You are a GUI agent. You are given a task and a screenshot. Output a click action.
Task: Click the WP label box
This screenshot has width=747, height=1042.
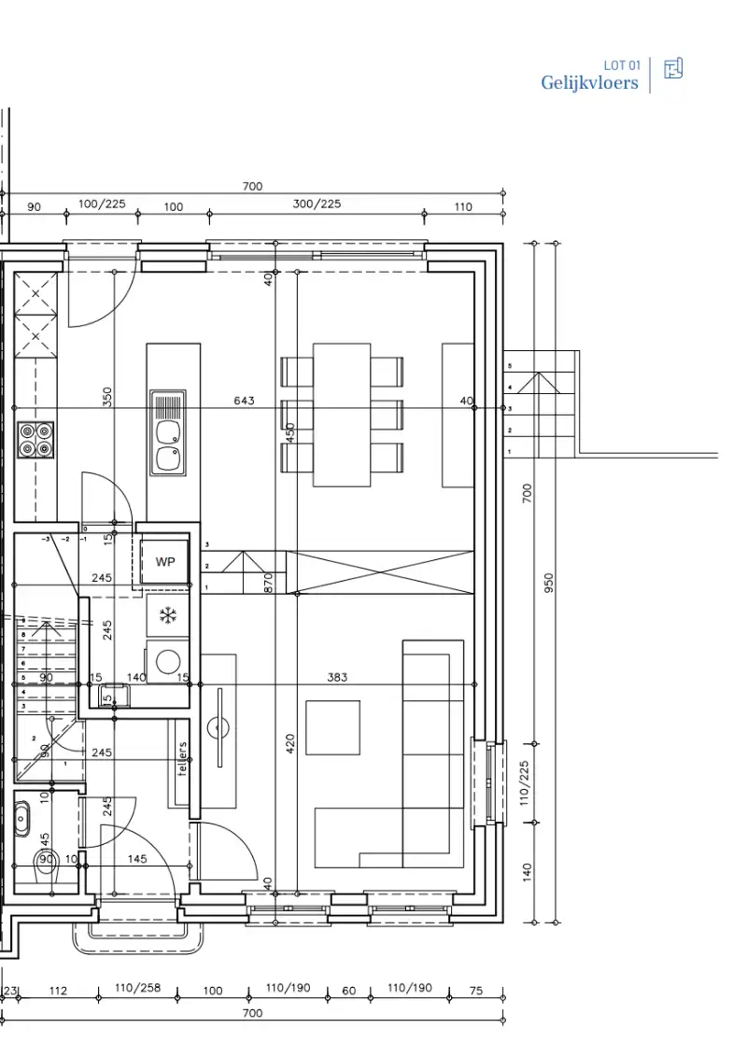pyautogui.click(x=165, y=562)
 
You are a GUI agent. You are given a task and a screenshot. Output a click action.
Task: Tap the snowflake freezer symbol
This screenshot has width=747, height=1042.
pyautogui.click(x=167, y=614)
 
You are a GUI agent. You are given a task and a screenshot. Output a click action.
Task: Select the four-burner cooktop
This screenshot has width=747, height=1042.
pyautogui.click(x=35, y=440)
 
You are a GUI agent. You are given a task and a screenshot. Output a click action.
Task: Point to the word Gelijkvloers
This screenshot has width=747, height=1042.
pyautogui.click(x=589, y=83)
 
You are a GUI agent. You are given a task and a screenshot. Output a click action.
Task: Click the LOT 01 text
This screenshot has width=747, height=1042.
pyautogui.click(x=622, y=65)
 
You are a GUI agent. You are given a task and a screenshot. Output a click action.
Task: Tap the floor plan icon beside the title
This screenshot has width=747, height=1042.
pyautogui.click(x=672, y=69)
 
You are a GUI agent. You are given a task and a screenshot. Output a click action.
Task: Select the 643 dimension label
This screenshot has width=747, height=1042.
pyautogui.click(x=244, y=401)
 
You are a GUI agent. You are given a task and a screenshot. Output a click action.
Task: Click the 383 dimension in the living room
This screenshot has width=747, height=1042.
pyautogui.click(x=337, y=677)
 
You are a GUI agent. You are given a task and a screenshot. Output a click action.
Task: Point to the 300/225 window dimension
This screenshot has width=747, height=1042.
pyautogui.click(x=317, y=204)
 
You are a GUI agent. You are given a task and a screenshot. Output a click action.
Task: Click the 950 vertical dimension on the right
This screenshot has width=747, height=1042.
pyautogui.click(x=548, y=586)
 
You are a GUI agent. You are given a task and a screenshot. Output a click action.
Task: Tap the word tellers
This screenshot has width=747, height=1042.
pyautogui.click(x=182, y=758)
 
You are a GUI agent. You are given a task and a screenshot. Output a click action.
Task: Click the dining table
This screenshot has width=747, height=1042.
pyautogui.click(x=342, y=415)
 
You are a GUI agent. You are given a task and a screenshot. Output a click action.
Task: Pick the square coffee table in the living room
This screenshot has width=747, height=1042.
pyautogui.click(x=332, y=727)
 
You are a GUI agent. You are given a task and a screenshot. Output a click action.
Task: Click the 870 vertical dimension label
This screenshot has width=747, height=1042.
pyautogui.click(x=268, y=583)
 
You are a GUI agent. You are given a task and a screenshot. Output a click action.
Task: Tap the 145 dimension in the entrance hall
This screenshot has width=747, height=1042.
pyautogui.click(x=136, y=859)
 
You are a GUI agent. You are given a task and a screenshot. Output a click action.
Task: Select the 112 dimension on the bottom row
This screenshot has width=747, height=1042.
pyautogui.click(x=58, y=991)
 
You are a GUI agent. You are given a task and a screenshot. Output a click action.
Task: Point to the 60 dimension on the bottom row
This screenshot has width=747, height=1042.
pyautogui.click(x=348, y=991)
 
